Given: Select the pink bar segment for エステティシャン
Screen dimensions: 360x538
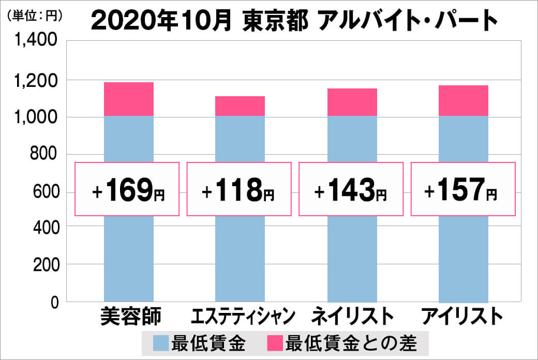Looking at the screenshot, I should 240,106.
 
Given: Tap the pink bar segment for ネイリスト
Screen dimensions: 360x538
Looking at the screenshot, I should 352,102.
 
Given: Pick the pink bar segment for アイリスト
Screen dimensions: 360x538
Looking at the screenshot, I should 464,100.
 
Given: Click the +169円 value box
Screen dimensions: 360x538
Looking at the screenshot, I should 128,189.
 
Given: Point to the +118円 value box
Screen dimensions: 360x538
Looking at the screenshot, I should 239,189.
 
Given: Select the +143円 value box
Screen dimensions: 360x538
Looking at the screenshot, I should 351,189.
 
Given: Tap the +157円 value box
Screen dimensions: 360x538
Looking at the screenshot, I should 463,189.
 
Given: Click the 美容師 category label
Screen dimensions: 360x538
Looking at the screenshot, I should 131,316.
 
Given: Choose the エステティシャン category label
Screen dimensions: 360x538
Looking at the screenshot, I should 243,316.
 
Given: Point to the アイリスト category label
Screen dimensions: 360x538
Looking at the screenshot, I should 462,316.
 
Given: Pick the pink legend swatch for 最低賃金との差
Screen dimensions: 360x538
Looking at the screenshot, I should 275,342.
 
